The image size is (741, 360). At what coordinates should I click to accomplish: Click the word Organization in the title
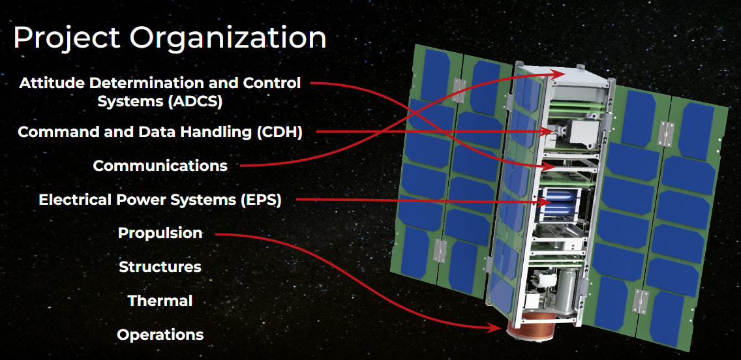pyautogui.click(x=228, y=38)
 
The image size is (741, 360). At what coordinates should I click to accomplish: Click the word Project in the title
pyautogui.click(x=67, y=38)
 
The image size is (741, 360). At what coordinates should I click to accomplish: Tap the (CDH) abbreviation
pyautogui.click(x=280, y=132)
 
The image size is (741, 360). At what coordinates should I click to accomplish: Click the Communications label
pyautogui.click(x=160, y=166)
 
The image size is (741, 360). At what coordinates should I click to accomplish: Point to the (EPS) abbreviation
pyautogui.click(x=260, y=200)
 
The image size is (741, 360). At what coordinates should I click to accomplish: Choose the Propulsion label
pyautogui.click(x=160, y=233)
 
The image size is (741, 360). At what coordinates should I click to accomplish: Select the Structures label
pyautogui.click(x=160, y=267)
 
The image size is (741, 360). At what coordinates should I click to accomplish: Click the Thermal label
pyautogui.click(x=160, y=301)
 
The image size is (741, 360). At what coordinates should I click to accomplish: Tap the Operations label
pyautogui.click(x=160, y=335)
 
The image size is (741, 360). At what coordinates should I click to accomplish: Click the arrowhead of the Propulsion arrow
pyautogui.click(x=496, y=327)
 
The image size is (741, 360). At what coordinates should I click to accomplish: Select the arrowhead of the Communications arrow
pyautogui.click(x=560, y=74)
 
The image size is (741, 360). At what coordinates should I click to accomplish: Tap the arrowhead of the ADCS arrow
pyautogui.click(x=548, y=166)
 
